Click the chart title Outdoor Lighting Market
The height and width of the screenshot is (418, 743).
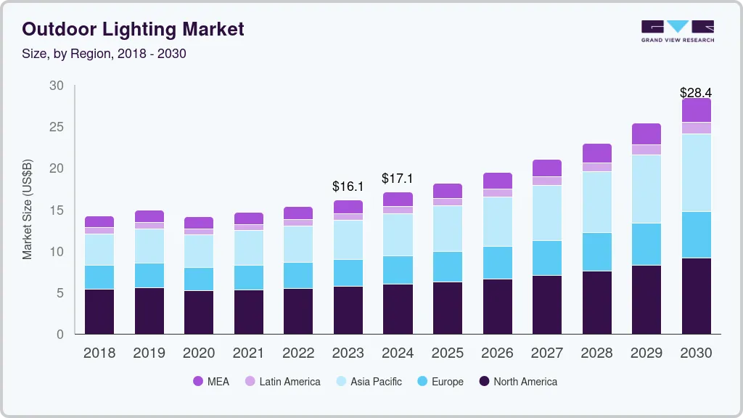click(x=133, y=29)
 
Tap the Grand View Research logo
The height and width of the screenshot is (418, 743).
click(x=677, y=30)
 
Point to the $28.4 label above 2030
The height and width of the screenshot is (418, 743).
click(x=696, y=92)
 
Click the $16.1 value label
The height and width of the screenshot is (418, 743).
click(x=348, y=187)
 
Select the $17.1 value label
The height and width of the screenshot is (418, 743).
click(x=398, y=179)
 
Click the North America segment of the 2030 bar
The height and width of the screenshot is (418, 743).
click(x=696, y=295)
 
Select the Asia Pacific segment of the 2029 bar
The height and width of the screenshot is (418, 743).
click(x=646, y=189)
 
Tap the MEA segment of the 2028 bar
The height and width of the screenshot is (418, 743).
click(x=596, y=152)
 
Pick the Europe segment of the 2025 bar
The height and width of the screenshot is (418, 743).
click(x=447, y=266)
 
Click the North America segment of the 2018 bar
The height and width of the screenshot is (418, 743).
click(x=99, y=311)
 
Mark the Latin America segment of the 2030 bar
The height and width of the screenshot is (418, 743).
click(x=696, y=128)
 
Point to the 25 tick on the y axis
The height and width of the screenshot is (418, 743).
click(x=56, y=127)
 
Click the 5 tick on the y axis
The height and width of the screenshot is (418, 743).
click(x=59, y=293)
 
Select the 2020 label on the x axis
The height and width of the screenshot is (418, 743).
click(x=199, y=353)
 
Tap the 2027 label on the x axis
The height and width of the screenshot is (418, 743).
click(x=546, y=353)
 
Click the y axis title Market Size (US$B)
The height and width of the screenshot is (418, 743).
click(x=28, y=209)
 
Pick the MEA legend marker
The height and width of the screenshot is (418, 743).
click(x=198, y=382)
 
